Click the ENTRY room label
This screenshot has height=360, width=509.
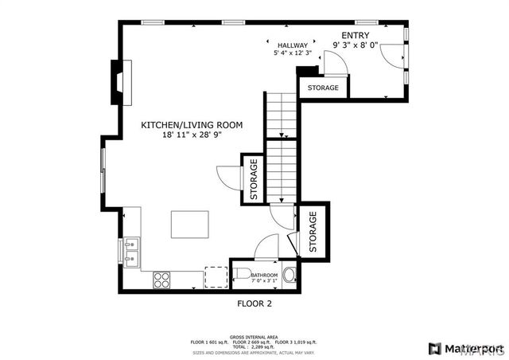coord(355,36)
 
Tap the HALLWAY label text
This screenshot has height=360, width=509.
coord(292,45)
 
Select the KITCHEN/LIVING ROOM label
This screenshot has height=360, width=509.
coord(192,125)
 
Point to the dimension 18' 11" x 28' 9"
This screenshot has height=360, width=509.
coord(192,135)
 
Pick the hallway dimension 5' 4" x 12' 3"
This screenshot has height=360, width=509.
coord(292,53)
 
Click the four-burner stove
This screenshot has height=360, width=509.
coord(161,280)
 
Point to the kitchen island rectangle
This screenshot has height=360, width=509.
coord(189,223)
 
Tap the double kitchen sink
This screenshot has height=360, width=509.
coord(130,250)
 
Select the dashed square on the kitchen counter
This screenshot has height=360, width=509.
coord(216,276)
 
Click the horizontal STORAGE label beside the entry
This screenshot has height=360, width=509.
coord(324,88)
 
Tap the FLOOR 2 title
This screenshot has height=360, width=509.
coord(254,303)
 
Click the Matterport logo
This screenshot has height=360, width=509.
coord(465,348)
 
